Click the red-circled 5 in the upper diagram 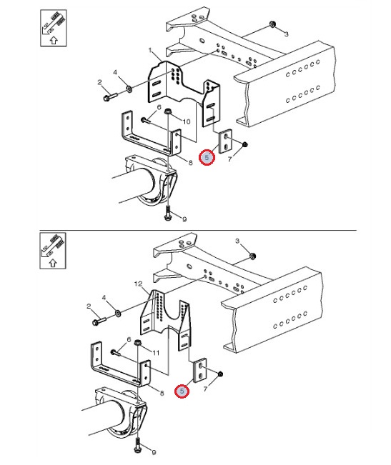click(x=207, y=158)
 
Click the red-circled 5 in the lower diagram click(x=182, y=391)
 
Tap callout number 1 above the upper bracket click(x=150, y=51)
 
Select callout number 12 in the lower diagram click(x=138, y=284)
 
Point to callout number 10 click(x=187, y=121)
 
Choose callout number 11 click(x=156, y=353)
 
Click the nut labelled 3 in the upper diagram click(x=272, y=24)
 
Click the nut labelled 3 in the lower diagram click(x=252, y=256)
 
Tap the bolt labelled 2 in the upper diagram click(x=110, y=96)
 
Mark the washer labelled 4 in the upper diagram click(x=129, y=88)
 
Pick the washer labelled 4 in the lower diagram click(x=118, y=313)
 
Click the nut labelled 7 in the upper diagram click(x=245, y=145)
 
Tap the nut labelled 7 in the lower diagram click(x=220, y=374)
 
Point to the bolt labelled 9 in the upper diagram click(x=167, y=214)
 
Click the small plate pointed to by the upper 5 click(x=225, y=141)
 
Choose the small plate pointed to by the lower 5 click(x=200, y=371)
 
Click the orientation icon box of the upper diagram click(x=54, y=28)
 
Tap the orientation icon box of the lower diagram click(x=53, y=251)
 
